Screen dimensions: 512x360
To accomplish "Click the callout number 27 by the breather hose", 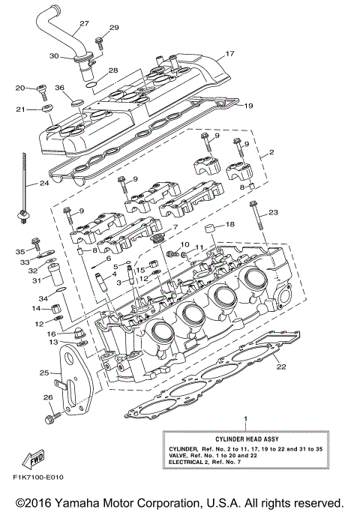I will [83, 23].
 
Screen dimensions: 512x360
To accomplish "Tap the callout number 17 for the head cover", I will [230, 53].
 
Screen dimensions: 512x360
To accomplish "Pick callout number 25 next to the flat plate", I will [44, 373].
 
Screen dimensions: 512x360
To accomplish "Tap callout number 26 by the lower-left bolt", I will [47, 397].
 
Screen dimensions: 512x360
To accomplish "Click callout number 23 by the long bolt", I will [273, 213].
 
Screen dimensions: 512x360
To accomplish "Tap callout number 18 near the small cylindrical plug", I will [230, 224].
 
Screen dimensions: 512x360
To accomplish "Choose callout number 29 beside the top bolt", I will [114, 28].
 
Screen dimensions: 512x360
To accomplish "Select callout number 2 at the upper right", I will [271, 152].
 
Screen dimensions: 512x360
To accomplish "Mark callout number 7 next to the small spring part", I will [175, 227].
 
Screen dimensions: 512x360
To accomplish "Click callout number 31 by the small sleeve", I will [34, 281].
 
